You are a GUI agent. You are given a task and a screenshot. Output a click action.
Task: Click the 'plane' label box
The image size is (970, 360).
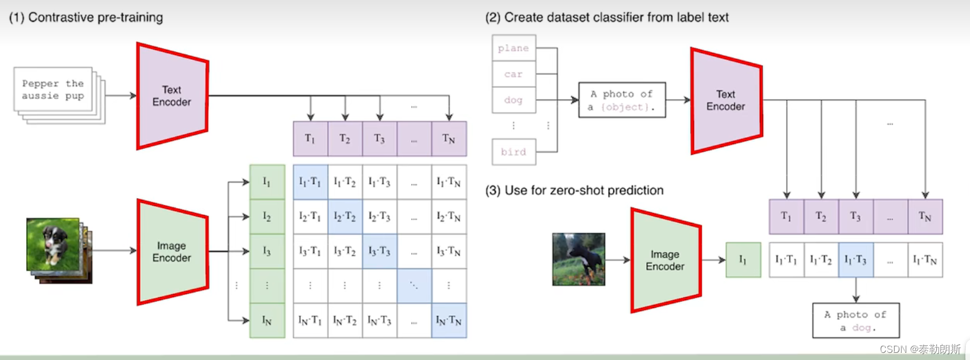(x=514, y=48)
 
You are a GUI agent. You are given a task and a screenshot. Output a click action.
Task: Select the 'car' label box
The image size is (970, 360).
(x=514, y=74)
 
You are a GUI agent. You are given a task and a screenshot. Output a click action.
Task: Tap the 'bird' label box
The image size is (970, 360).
(x=514, y=152)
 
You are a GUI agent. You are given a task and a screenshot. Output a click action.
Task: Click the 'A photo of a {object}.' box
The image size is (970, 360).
(x=622, y=100)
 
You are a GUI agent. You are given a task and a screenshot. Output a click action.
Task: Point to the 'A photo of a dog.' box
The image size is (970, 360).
(x=855, y=321)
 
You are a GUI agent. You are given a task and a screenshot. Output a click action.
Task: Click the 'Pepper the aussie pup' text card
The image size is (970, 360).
(x=53, y=90)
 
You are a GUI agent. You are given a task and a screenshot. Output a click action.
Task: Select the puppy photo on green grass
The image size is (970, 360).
(x=53, y=244)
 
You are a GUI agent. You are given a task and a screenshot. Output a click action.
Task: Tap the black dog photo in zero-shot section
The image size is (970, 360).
(x=578, y=259)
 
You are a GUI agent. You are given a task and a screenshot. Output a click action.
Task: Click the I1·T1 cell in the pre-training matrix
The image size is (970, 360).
(x=310, y=182)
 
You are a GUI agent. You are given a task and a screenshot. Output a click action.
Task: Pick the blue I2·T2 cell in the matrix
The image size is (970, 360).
(x=345, y=216)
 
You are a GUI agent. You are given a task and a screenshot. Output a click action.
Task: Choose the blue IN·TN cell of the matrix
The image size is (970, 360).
(x=449, y=321)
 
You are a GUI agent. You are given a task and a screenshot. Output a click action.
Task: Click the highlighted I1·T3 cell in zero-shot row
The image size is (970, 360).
(x=855, y=260)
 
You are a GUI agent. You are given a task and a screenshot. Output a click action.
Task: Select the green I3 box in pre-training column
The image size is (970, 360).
(x=267, y=251)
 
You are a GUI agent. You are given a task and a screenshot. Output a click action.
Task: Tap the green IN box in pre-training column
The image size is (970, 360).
(x=267, y=321)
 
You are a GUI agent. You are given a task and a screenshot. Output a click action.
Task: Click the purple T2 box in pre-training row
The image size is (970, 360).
(x=345, y=139)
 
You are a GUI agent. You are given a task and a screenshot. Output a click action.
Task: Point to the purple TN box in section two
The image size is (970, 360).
(x=925, y=216)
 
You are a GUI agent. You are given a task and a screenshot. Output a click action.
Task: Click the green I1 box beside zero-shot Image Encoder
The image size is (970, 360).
(x=743, y=260)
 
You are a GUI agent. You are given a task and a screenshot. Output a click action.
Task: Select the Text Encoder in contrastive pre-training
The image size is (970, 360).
(x=172, y=96)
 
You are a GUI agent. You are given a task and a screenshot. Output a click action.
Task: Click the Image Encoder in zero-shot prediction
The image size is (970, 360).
(x=665, y=260)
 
